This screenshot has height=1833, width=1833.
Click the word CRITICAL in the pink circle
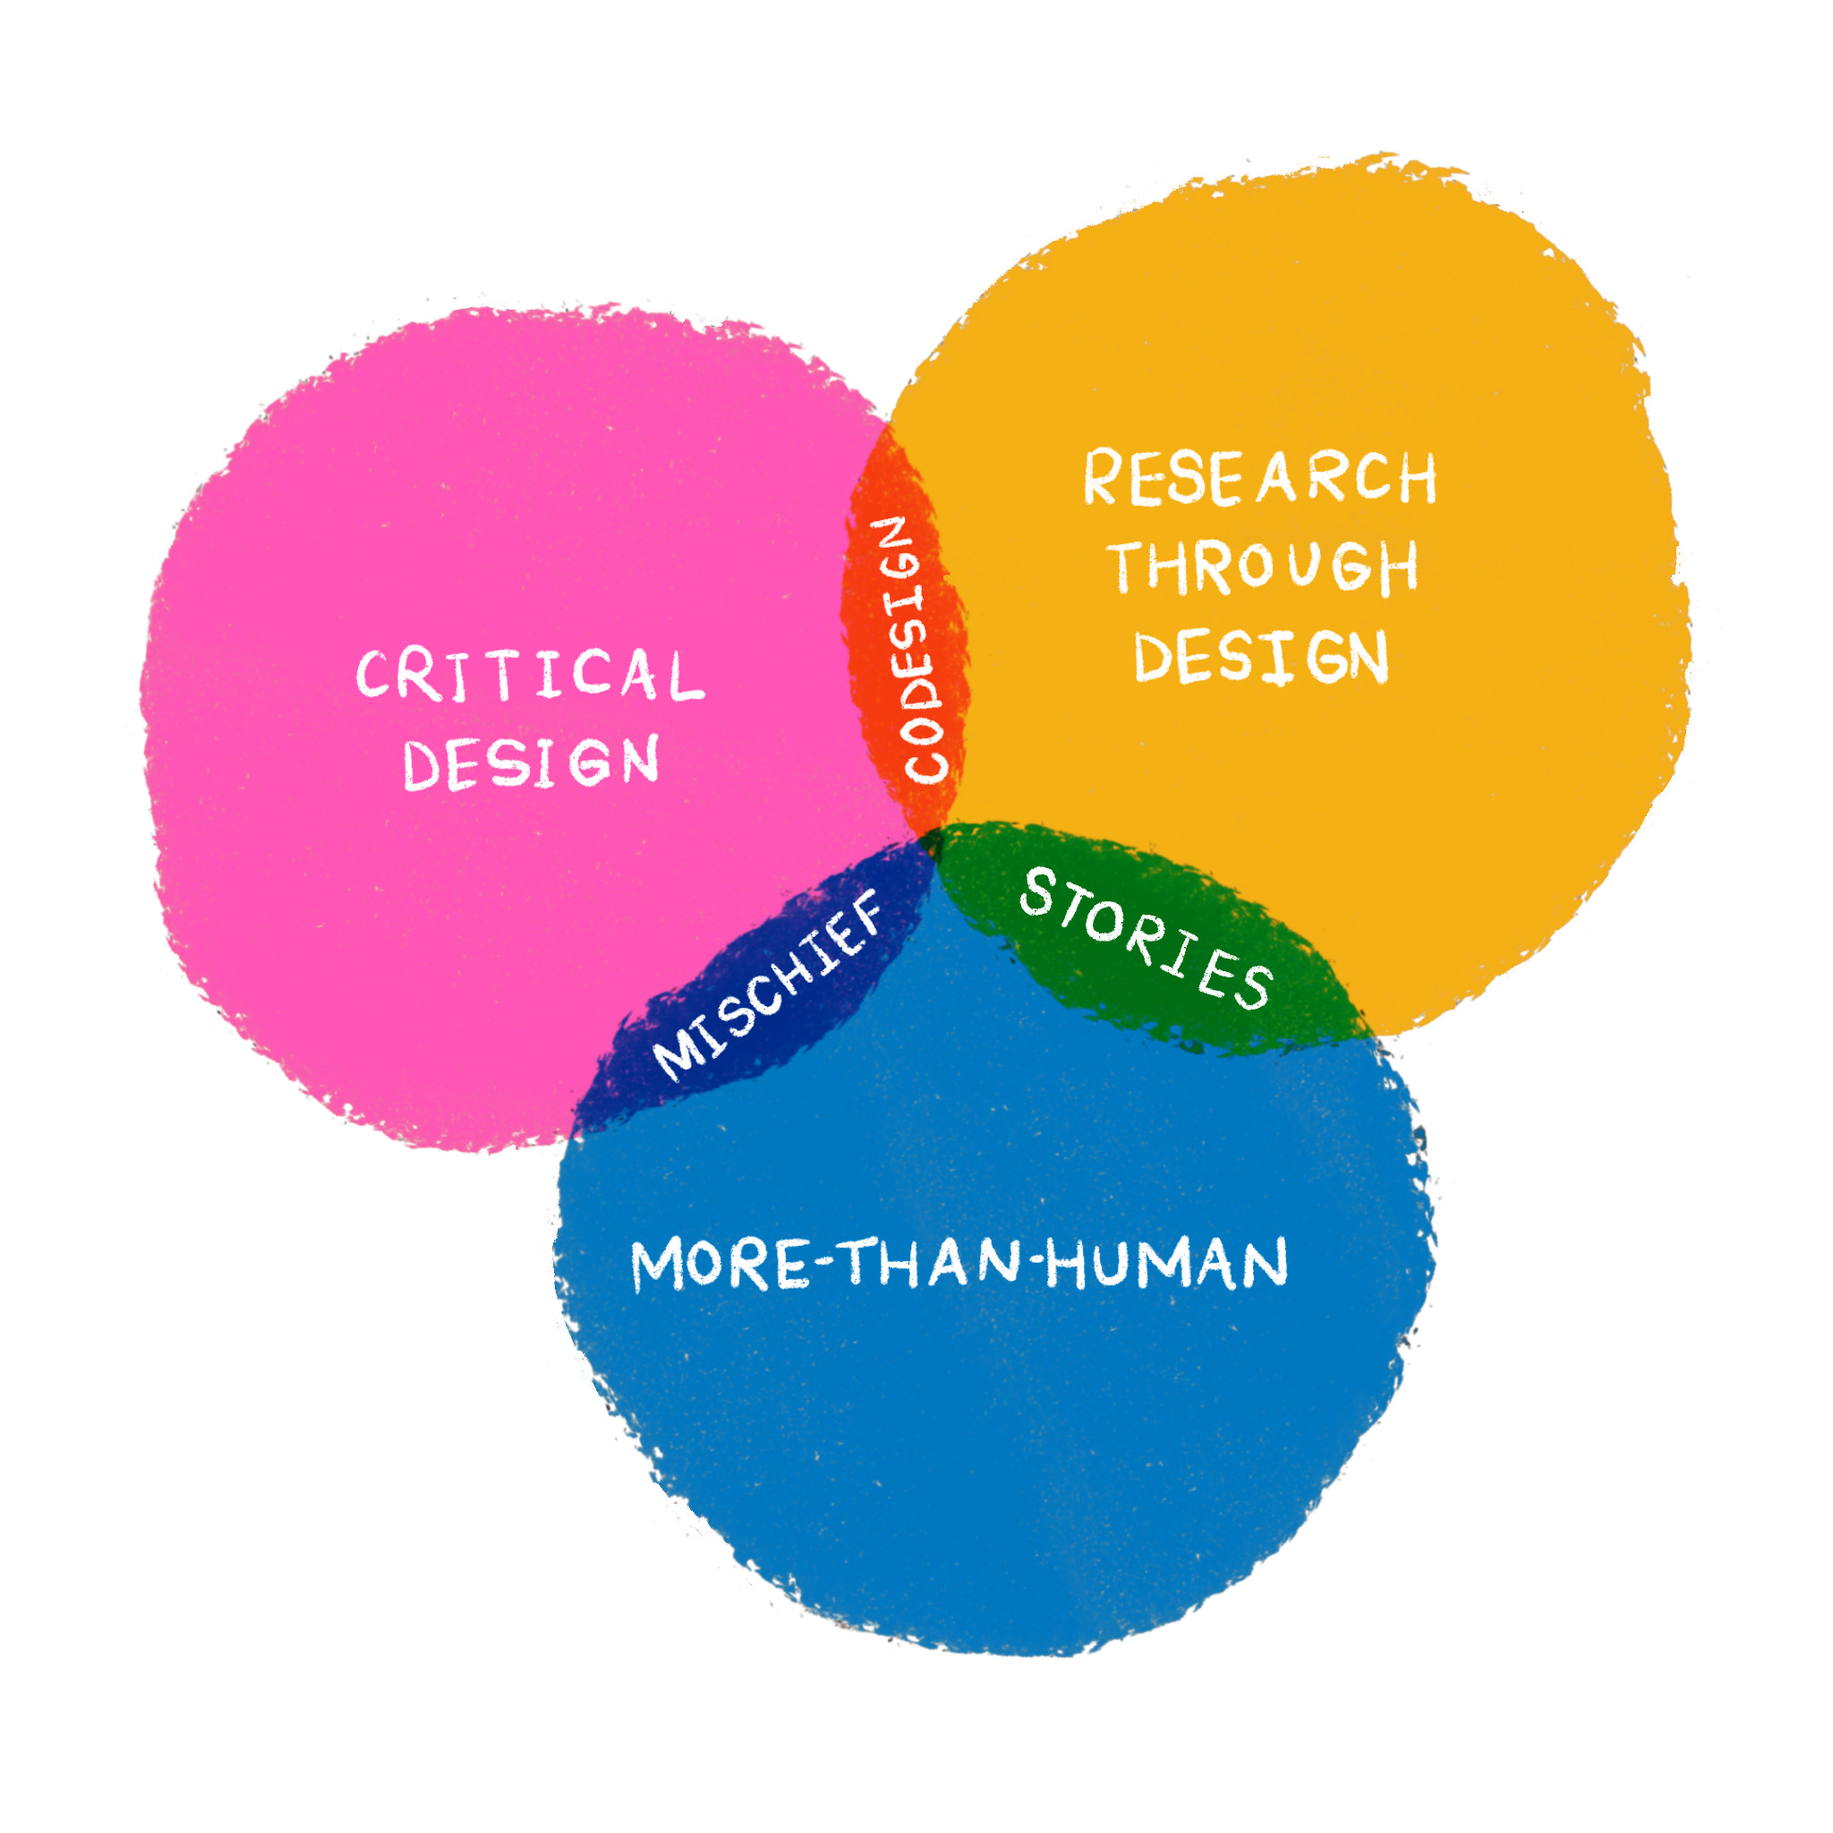point(530,675)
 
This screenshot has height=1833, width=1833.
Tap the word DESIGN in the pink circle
point(532,763)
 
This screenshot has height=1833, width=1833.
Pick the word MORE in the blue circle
point(721,1265)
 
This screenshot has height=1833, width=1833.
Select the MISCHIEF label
point(769,986)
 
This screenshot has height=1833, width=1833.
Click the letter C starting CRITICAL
point(372,675)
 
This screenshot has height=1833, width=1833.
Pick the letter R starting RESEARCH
point(1104,476)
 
